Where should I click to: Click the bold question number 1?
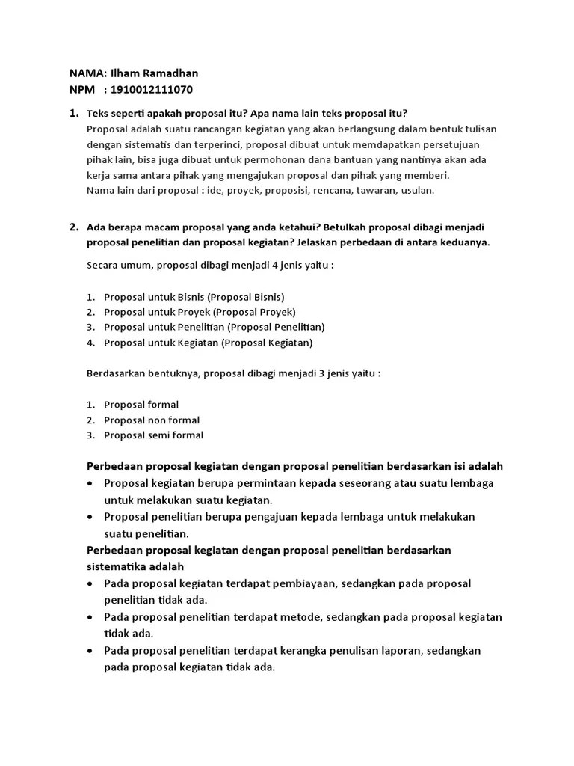pyautogui.click(x=73, y=114)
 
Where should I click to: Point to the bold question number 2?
pyautogui.click(x=73, y=227)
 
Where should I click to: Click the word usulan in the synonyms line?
pyautogui.click(x=417, y=190)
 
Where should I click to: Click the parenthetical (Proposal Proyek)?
pyautogui.click(x=254, y=312)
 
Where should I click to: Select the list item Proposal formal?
pyautogui.click(x=141, y=405)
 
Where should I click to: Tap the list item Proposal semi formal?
pyautogui.click(x=153, y=435)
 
